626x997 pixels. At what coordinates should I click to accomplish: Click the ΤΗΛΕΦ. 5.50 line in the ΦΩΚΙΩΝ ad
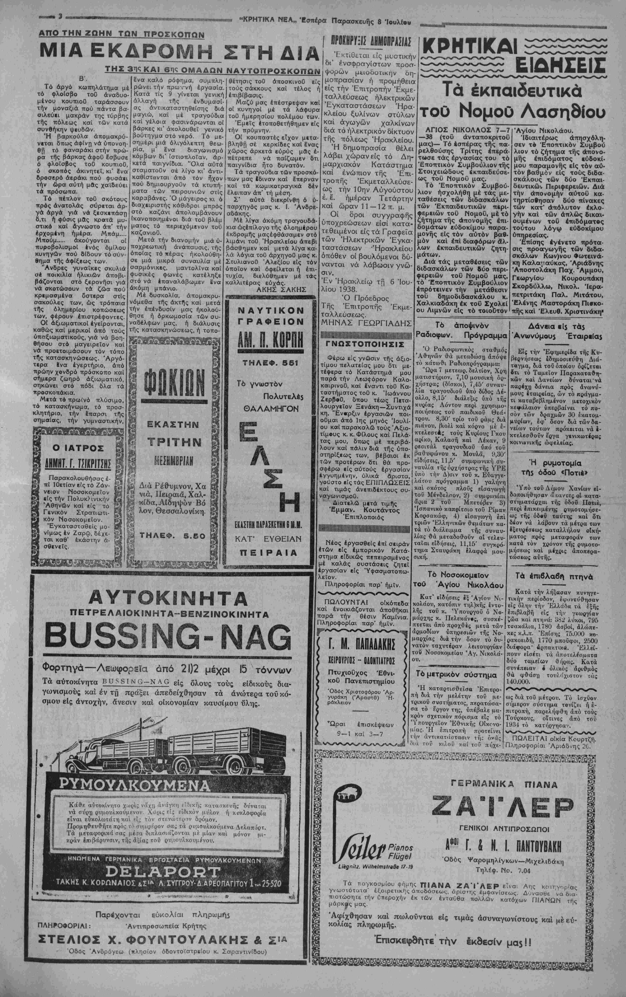(173, 535)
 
